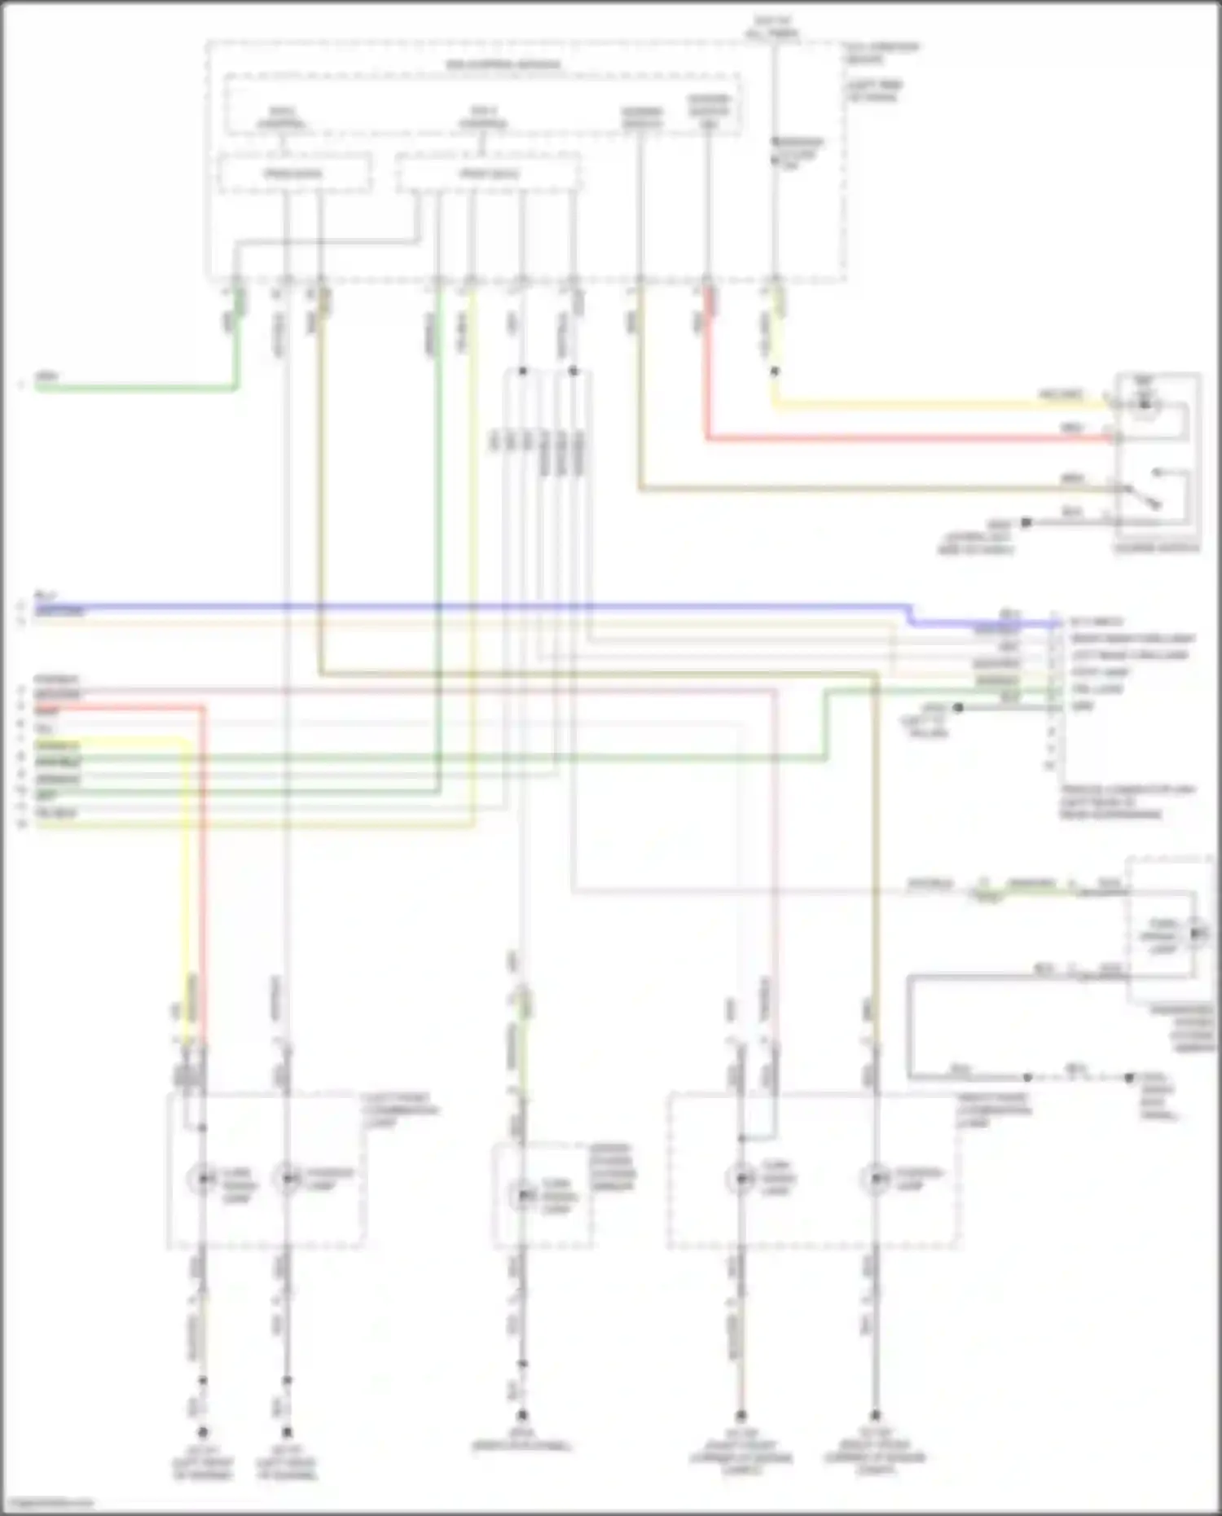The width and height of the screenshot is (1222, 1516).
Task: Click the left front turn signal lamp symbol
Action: coord(202,1179)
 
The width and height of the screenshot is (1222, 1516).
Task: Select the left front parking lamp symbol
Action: coord(287,1179)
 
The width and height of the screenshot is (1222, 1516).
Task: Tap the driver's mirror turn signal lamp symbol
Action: coord(523,1196)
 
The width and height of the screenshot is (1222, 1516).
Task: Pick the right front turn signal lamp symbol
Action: coord(740,1179)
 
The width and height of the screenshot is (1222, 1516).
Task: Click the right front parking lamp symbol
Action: coord(875,1179)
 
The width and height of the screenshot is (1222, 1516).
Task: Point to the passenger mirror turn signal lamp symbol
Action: coord(1196,934)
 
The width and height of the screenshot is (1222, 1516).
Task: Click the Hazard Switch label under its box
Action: coord(1157,548)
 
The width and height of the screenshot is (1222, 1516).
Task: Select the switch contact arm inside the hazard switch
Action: coord(1145,497)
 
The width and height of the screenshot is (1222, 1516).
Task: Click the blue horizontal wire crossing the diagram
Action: coord(489,607)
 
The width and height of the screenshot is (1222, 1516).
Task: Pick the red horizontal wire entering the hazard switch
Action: coord(896,440)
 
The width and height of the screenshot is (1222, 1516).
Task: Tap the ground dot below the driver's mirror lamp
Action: coord(522,1416)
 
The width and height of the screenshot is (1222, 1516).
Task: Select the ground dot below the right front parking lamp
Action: coord(875,1416)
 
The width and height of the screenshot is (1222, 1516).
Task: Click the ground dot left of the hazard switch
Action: coord(1026,522)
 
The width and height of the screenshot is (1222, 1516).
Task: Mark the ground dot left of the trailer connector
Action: coord(959,708)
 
